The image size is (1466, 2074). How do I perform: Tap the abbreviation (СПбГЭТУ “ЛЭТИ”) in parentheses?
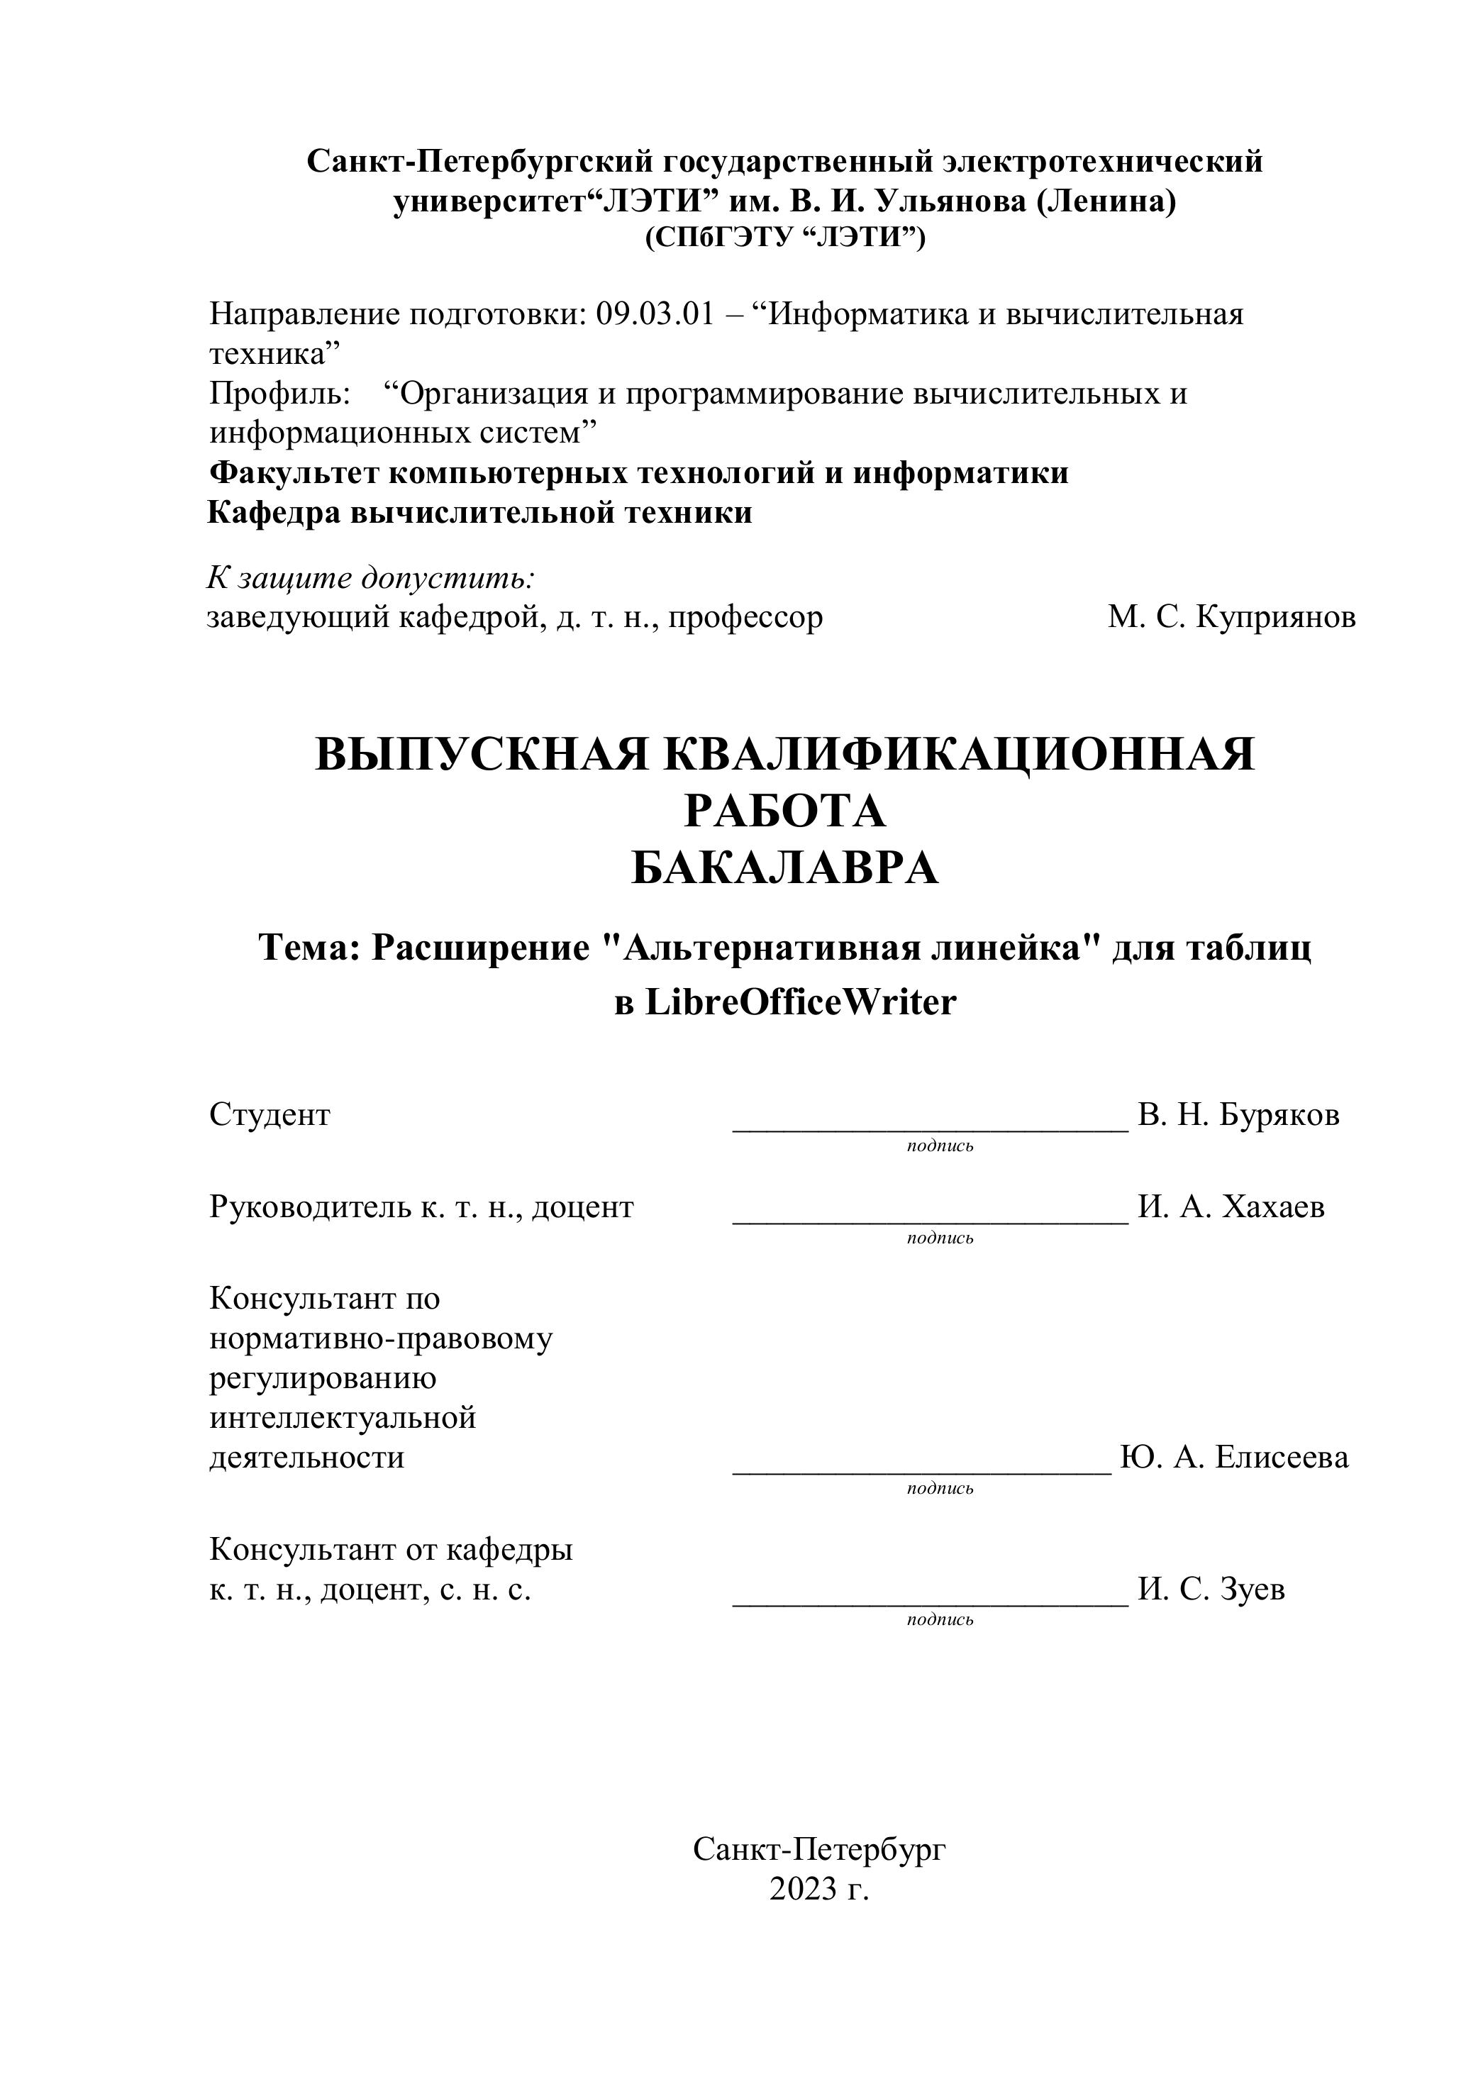[785, 237]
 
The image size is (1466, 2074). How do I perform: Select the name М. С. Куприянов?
[1231, 618]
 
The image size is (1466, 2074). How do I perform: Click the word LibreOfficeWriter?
[799, 1003]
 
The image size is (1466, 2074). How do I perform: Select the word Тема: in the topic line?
[310, 948]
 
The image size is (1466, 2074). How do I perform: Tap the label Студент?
[270, 1115]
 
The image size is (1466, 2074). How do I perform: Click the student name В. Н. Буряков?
[1238, 1115]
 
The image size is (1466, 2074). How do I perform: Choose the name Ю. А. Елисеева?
[1234, 1457]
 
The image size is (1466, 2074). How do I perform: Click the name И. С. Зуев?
[1211, 1589]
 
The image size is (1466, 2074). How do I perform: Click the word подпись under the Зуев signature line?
[940, 1619]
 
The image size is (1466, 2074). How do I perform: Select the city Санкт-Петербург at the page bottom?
[818, 1849]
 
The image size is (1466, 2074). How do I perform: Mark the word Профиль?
[280, 394]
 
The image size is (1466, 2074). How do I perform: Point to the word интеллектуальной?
[343, 1417]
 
